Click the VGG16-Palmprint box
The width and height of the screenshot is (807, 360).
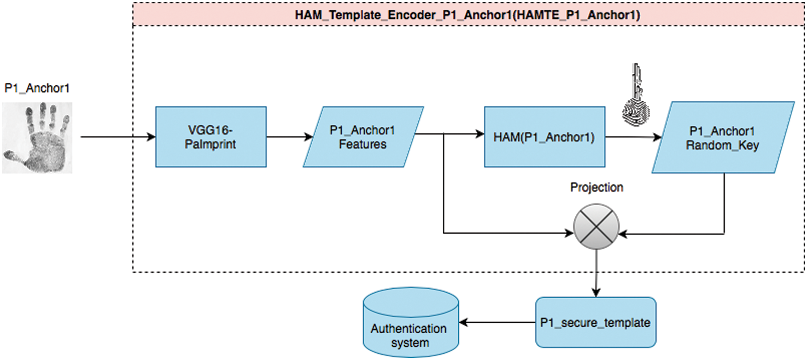click(x=211, y=137)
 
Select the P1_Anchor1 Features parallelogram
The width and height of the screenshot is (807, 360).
click(x=362, y=137)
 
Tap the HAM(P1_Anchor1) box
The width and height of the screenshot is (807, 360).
click(x=544, y=137)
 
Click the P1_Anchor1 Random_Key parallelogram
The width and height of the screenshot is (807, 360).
click(x=722, y=138)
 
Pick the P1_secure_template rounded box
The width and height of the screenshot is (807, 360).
click(x=595, y=322)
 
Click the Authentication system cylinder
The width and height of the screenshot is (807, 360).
click(x=410, y=327)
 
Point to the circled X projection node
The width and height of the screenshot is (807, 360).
click(x=596, y=227)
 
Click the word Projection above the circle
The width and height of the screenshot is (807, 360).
click(x=597, y=187)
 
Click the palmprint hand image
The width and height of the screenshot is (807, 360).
click(x=37, y=138)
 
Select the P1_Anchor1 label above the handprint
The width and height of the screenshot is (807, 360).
click(x=37, y=88)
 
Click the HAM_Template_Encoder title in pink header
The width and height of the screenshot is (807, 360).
click(x=468, y=15)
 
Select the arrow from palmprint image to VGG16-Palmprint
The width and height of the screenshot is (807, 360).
click(x=118, y=137)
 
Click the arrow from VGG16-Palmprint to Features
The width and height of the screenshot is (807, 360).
click(x=289, y=137)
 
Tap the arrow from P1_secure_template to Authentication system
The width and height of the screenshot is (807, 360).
click(x=497, y=322)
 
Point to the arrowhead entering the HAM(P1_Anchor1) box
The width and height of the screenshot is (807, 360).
click(x=480, y=134)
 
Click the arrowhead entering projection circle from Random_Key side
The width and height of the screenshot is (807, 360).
click(x=623, y=234)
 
